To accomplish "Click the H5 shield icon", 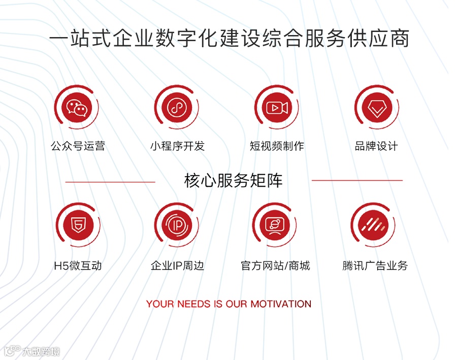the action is (x=78, y=225).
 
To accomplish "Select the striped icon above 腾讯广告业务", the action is (x=374, y=225).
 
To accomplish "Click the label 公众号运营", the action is (x=78, y=146).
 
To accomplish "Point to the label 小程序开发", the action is (x=177, y=146).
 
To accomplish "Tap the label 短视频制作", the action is (x=277, y=146).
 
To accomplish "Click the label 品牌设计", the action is (x=376, y=146).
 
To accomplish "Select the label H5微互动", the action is (x=78, y=266).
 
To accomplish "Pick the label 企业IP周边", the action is (x=177, y=266).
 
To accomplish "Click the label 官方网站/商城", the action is (x=275, y=266).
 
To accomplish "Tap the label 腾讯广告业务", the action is (x=375, y=266).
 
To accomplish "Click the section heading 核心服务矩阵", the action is (x=233, y=181).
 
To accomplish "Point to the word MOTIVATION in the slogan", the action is (x=281, y=304).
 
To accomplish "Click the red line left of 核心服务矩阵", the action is (x=110, y=182).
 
